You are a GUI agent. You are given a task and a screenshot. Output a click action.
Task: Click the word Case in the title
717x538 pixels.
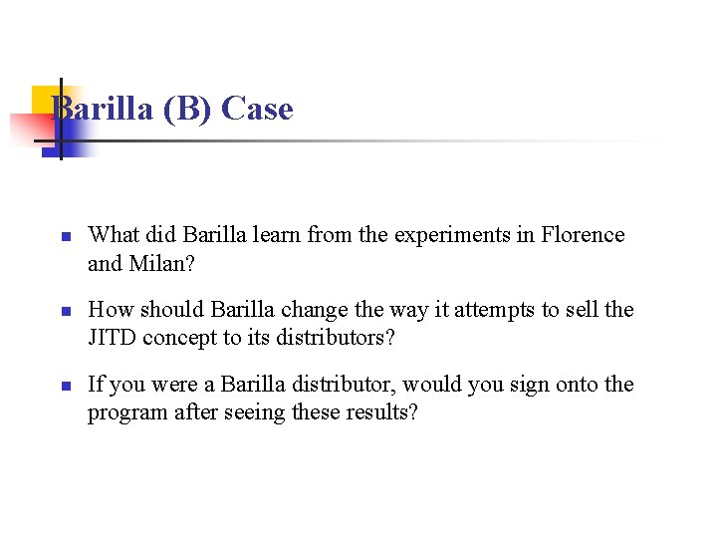coord(257,109)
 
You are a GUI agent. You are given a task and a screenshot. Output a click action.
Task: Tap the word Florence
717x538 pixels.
coord(583,235)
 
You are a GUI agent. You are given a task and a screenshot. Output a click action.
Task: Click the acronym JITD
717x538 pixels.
coord(113,338)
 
